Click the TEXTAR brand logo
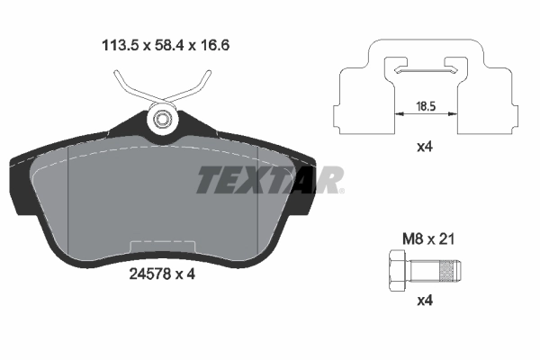268,180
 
